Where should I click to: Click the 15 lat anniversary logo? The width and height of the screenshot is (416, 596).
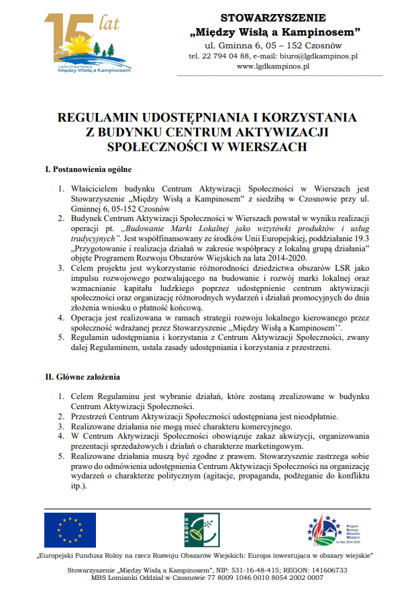tap(87, 42)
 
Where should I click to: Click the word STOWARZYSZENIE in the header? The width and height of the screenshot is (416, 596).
tap(272, 17)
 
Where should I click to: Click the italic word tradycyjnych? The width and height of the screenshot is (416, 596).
tap(95, 238)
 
